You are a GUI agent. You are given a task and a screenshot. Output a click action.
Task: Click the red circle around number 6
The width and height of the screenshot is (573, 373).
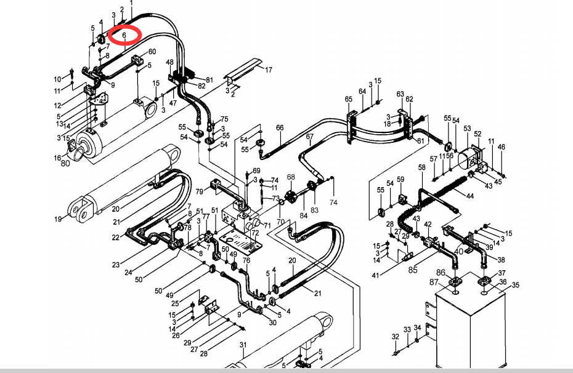coord(124,36)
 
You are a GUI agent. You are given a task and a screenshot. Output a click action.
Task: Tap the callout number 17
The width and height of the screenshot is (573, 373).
coord(268,70)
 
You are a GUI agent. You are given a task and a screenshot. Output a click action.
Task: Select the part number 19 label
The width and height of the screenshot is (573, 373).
coord(58,219)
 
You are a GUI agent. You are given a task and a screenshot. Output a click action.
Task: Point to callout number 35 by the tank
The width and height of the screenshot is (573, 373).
coord(516,285)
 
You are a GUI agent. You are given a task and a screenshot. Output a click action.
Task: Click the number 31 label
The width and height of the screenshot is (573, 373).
coord(243,345)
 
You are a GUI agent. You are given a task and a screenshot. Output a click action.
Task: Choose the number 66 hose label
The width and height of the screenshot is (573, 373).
coord(280,128)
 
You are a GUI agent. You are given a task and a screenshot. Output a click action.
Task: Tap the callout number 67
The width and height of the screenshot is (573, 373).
coord(310,136)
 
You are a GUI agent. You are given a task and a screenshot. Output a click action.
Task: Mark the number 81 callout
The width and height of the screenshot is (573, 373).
coord(209,79)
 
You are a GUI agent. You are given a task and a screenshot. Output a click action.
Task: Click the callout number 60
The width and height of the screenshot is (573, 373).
coord(152,52)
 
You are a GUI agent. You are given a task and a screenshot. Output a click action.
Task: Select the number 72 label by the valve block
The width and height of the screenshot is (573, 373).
coord(255,234)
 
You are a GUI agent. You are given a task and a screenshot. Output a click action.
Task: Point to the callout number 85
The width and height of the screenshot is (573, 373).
coord(413,269)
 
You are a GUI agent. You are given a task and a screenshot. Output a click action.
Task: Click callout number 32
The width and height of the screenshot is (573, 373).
coord(396,337)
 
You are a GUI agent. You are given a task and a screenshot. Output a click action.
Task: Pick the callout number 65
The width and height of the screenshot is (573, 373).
coord(349,99)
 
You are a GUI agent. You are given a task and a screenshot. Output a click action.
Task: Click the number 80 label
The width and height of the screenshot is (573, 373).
coord(65,164)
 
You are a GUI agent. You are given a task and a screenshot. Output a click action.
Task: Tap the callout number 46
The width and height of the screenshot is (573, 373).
coord(501,147)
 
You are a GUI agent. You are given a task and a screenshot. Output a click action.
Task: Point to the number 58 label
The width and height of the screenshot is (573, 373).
coord(422,167)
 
